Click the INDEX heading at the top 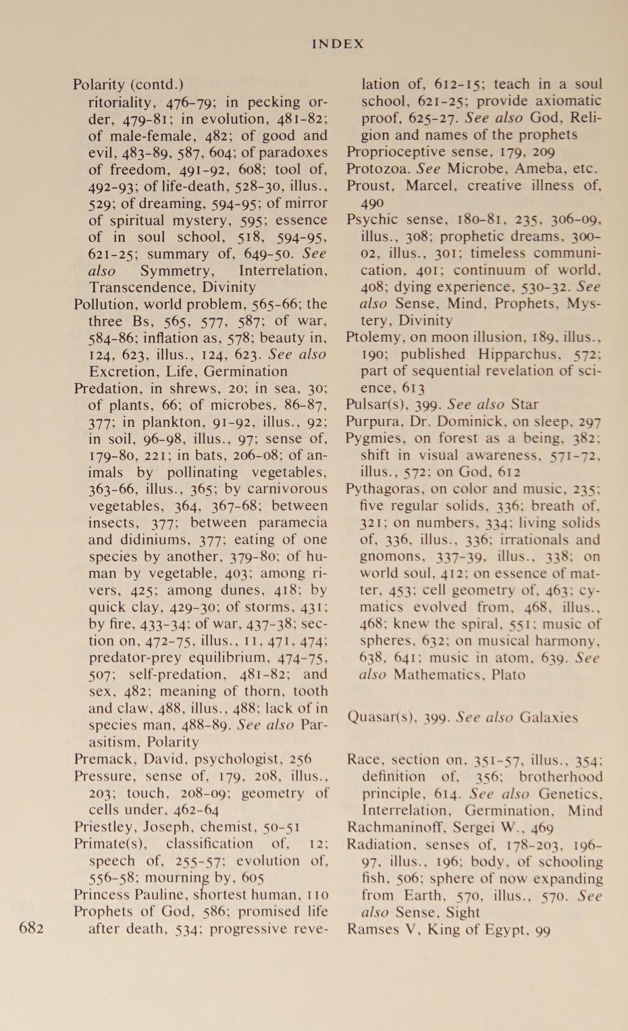click(338, 44)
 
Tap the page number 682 click(32, 928)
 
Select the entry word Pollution click(102, 304)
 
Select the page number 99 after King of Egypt click(542, 930)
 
